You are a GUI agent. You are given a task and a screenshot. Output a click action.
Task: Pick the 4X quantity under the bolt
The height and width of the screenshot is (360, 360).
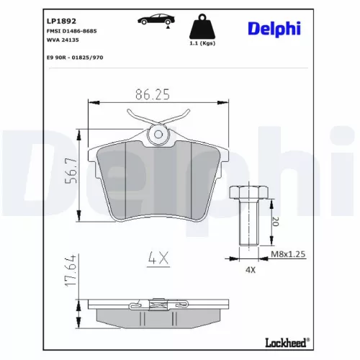tap(251, 271)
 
